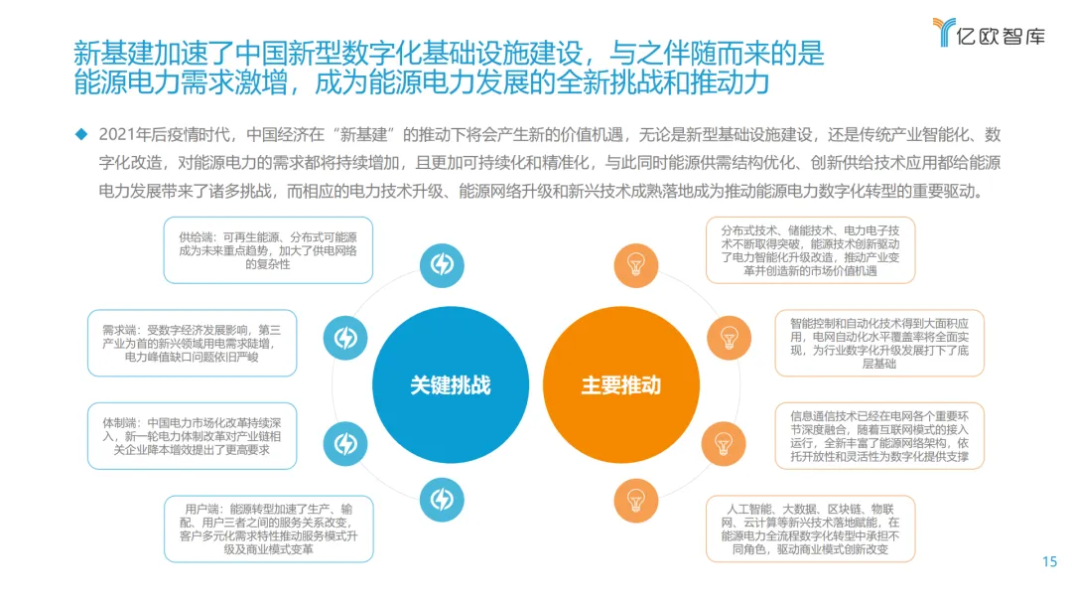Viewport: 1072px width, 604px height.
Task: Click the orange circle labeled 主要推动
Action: [x=620, y=384]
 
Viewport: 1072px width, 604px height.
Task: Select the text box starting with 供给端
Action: [x=268, y=250]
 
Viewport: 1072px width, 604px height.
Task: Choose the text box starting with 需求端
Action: [x=192, y=343]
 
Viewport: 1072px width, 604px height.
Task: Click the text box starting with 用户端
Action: [x=268, y=528]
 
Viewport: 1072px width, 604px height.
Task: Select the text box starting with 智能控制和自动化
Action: [x=879, y=343]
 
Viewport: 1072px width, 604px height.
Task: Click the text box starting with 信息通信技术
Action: [x=879, y=435]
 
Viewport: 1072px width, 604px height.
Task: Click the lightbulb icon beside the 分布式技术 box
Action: [x=634, y=265]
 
